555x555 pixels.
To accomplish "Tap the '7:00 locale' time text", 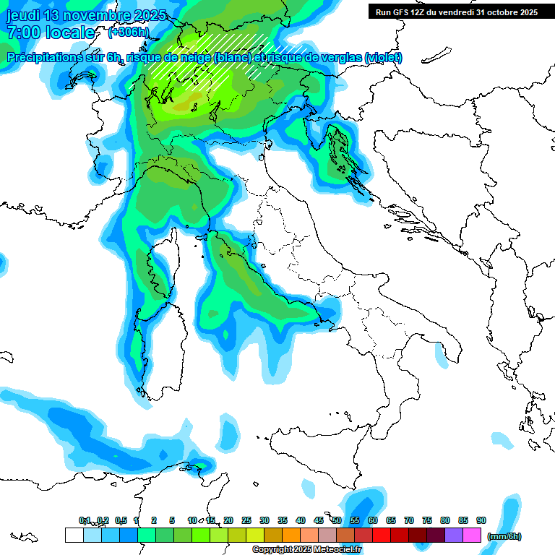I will point(51,33).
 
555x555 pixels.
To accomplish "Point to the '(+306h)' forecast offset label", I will point(128,33).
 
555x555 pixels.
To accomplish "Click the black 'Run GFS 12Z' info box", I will point(456,12).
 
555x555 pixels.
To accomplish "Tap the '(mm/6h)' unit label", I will point(504,536).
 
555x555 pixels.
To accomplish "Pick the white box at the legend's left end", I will point(74,535).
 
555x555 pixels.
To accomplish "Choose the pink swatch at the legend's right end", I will point(472,535).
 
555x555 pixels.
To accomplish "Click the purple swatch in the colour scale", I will point(454,535).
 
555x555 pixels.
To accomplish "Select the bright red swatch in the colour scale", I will point(382,535).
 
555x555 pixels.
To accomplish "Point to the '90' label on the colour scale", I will point(481,521).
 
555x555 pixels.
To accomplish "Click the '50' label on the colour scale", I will point(337,521).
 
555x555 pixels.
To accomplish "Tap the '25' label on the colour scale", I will point(246,521).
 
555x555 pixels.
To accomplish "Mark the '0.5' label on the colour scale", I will point(120,521).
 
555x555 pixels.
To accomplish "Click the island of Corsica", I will point(165,271).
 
